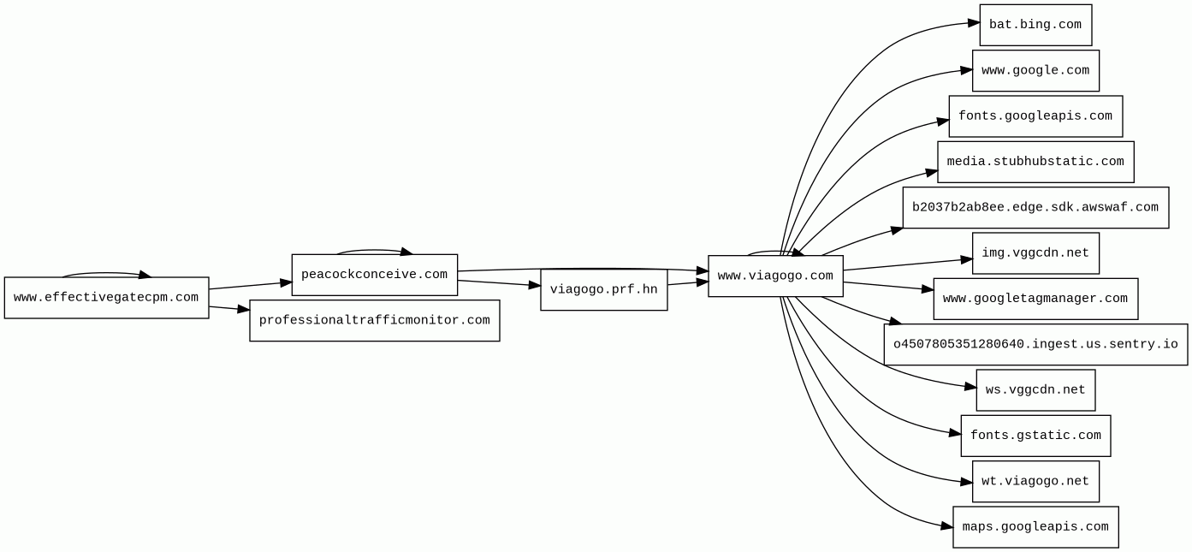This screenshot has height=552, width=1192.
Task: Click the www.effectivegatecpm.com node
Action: [x=106, y=298]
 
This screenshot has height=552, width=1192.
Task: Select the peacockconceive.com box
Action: [x=374, y=275]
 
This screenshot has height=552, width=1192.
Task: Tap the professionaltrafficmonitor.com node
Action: [x=374, y=321]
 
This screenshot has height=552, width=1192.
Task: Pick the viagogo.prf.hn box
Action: [x=603, y=290]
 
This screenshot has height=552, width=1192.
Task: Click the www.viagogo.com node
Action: [x=774, y=276]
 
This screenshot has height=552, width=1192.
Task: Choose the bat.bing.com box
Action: [x=1035, y=25]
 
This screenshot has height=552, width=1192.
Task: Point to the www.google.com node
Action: [x=1035, y=71]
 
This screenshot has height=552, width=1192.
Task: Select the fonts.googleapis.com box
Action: [x=1035, y=116]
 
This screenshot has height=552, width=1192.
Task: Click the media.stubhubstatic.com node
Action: [x=1035, y=162]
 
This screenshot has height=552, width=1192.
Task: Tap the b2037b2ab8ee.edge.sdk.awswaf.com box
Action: [x=1035, y=208]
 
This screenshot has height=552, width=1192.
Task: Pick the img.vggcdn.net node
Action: [x=1035, y=253]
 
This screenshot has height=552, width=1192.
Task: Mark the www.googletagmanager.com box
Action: [x=1035, y=299]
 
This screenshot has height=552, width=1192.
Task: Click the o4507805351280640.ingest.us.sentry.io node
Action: [x=1035, y=345]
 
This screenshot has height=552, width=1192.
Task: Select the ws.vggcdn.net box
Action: [x=1035, y=390]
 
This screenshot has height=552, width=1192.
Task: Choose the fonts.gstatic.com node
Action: [x=1035, y=436]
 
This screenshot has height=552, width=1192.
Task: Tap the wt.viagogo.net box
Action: [x=1035, y=482]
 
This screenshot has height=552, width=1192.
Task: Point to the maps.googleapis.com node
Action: [x=1035, y=527]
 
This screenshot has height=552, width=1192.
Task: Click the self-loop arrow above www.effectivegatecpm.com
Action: [x=103, y=273]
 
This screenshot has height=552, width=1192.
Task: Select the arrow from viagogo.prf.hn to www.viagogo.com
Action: [x=687, y=282]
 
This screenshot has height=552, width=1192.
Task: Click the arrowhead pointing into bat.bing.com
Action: [x=973, y=23]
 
